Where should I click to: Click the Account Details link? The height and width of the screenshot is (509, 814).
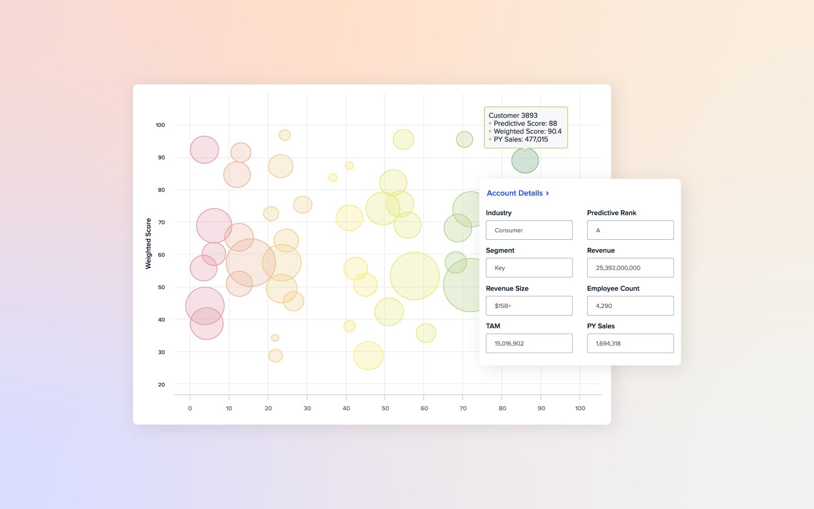coord(514,193)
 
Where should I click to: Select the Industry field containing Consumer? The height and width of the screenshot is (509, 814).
coord(529,230)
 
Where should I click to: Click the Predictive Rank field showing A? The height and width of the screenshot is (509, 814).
coord(630,230)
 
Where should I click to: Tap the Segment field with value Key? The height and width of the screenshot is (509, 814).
coord(529,268)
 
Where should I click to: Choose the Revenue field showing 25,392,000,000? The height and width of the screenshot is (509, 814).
coord(630,268)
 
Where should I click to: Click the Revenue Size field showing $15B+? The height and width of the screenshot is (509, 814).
coord(529,306)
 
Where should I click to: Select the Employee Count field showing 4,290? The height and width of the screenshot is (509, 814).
coord(630,306)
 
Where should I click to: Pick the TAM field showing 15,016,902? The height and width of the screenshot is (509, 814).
coord(529,344)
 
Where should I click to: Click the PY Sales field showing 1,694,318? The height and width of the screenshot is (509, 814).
coord(630,344)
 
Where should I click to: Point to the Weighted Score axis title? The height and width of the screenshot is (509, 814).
coord(149,244)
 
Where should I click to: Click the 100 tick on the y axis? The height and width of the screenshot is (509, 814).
coord(160,125)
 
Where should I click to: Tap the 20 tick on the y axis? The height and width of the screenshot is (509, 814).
coord(161,385)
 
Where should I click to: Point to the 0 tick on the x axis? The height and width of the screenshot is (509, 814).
coord(190,408)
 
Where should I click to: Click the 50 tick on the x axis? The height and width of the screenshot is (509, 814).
coord(385,408)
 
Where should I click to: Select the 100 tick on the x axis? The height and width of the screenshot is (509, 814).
coord(580,408)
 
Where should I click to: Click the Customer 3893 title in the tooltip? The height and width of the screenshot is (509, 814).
coord(513,116)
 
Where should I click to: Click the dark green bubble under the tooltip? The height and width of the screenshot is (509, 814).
coord(525,160)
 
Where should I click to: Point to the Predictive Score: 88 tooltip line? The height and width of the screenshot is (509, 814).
coord(525,124)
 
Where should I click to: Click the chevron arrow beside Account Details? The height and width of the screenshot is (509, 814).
coord(547,193)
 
